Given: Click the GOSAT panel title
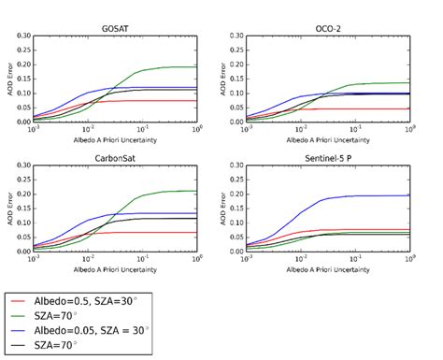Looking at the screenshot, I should (x=116, y=29).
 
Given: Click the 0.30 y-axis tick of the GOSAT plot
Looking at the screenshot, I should (x=21, y=37).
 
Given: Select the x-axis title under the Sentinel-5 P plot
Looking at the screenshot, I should (x=321, y=268).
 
